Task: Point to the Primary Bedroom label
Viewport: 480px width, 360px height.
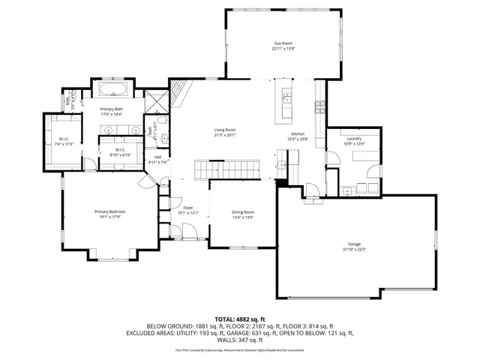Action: [x=109, y=212]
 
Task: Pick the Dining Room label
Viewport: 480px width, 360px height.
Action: [x=243, y=212]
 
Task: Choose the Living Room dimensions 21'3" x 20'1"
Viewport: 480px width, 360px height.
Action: [x=226, y=135]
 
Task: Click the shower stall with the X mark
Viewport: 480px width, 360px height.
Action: [x=157, y=102]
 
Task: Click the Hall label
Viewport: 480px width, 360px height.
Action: [x=157, y=157]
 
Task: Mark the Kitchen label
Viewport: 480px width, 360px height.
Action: [x=298, y=133]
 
